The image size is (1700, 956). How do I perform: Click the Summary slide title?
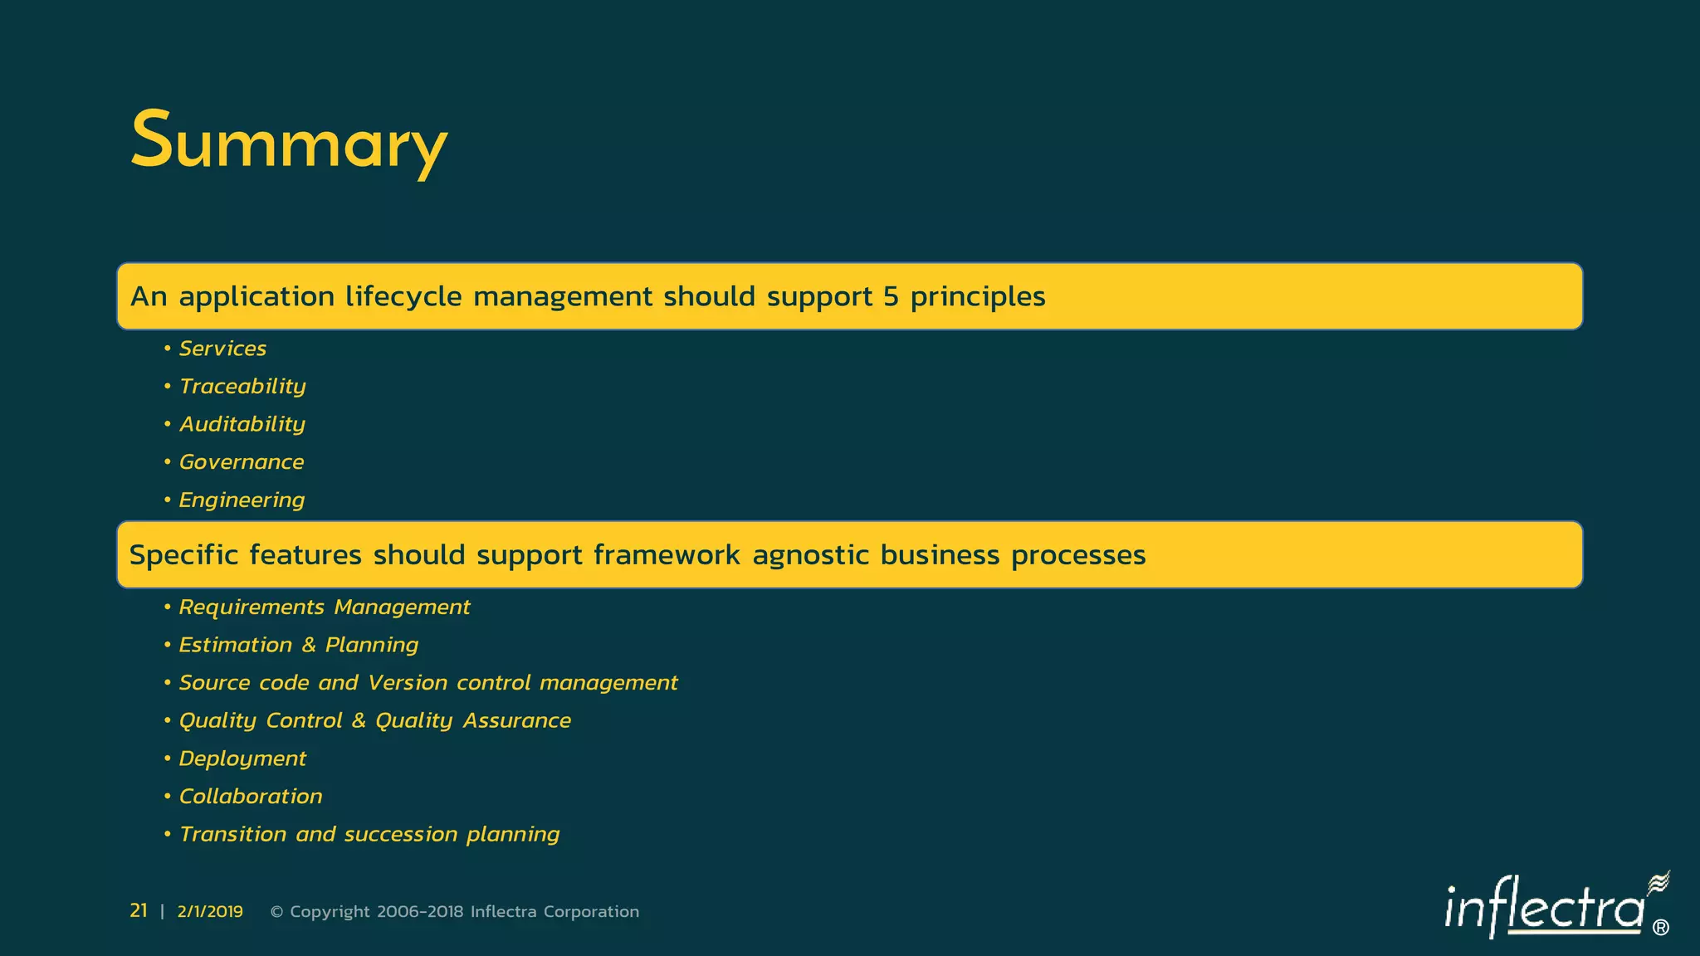(x=288, y=142)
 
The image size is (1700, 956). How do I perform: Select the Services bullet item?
(x=222, y=349)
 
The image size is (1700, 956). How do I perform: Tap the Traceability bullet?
(x=242, y=387)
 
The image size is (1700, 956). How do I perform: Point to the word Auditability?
(x=242, y=424)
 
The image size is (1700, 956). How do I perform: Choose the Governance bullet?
(x=242, y=462)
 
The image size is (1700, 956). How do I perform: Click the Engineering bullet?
(x=242, y=500)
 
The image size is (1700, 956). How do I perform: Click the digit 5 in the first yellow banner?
(x=892, y=297)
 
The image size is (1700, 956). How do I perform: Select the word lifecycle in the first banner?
(x=403, y=297)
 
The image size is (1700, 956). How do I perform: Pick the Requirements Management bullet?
(x=324, y=607)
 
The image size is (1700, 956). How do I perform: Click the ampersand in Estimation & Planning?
(x=309, y=646)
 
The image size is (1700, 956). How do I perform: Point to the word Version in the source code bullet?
(x=408, y=683)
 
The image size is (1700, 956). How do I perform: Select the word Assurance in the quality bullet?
(x=516, y=721)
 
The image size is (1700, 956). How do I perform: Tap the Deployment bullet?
(x=242, y=759)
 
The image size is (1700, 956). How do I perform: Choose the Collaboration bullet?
(x=251, y=797)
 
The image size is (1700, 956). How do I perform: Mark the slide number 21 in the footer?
(x=139, y=911)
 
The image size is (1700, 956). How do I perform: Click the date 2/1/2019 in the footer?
(x=210, y=912)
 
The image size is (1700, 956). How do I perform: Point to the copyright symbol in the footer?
(x=277, y=912)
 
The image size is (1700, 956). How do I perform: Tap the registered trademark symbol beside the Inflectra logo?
(x=1660, y=928)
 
